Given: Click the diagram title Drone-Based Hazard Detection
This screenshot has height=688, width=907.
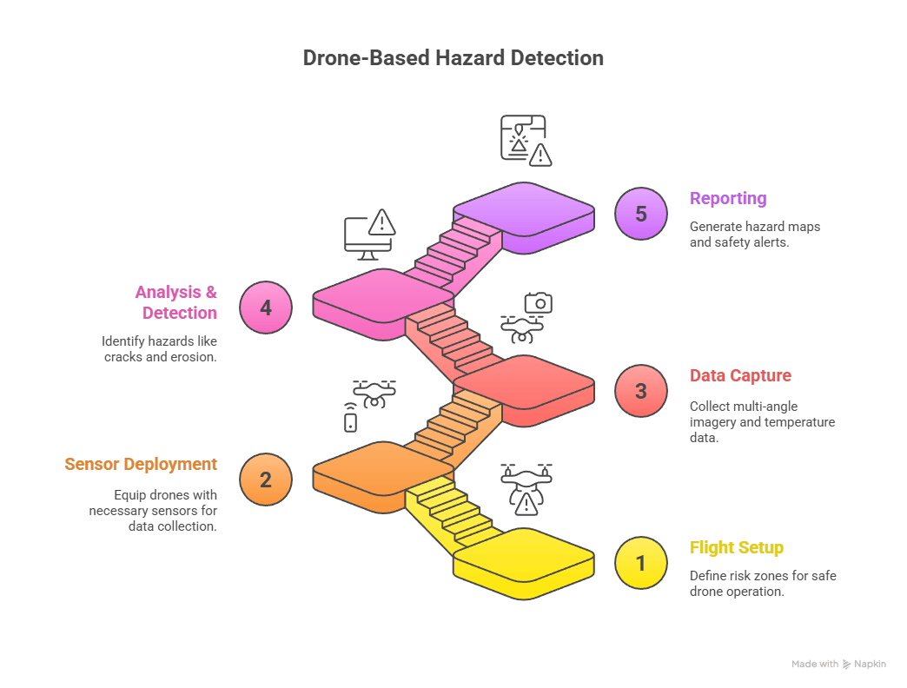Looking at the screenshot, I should [453, 58].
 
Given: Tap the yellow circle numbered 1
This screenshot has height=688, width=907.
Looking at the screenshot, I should [640, 564].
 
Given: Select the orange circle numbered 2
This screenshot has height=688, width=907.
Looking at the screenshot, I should [266, 480].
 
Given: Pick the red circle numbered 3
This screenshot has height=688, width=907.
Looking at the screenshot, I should [640, 391].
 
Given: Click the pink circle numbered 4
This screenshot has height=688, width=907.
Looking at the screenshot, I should [266, 308].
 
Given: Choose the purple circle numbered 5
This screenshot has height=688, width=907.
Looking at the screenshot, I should [640, 214].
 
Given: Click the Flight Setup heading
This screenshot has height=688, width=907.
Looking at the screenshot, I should [736, 548].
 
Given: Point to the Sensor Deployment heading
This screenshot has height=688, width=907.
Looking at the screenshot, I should [141, 464].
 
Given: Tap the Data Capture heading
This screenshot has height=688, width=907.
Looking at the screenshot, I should [740, 376].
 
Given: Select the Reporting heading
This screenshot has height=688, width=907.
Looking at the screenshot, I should [727, 198].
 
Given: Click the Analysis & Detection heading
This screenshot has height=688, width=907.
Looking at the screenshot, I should [175, 301].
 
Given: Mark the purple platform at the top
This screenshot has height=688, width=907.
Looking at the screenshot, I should [523, 212].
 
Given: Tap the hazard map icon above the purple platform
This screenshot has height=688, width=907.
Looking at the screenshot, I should [526, 140].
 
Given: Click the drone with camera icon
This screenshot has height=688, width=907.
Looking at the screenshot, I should [526, 317].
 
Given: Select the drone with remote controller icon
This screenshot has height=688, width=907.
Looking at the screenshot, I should [368, 403].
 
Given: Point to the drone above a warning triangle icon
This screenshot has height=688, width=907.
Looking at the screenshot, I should [526, 488].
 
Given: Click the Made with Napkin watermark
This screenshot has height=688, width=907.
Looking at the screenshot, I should [838, 664].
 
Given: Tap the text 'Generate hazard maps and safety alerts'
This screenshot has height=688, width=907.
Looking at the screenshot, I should [754, 235].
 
